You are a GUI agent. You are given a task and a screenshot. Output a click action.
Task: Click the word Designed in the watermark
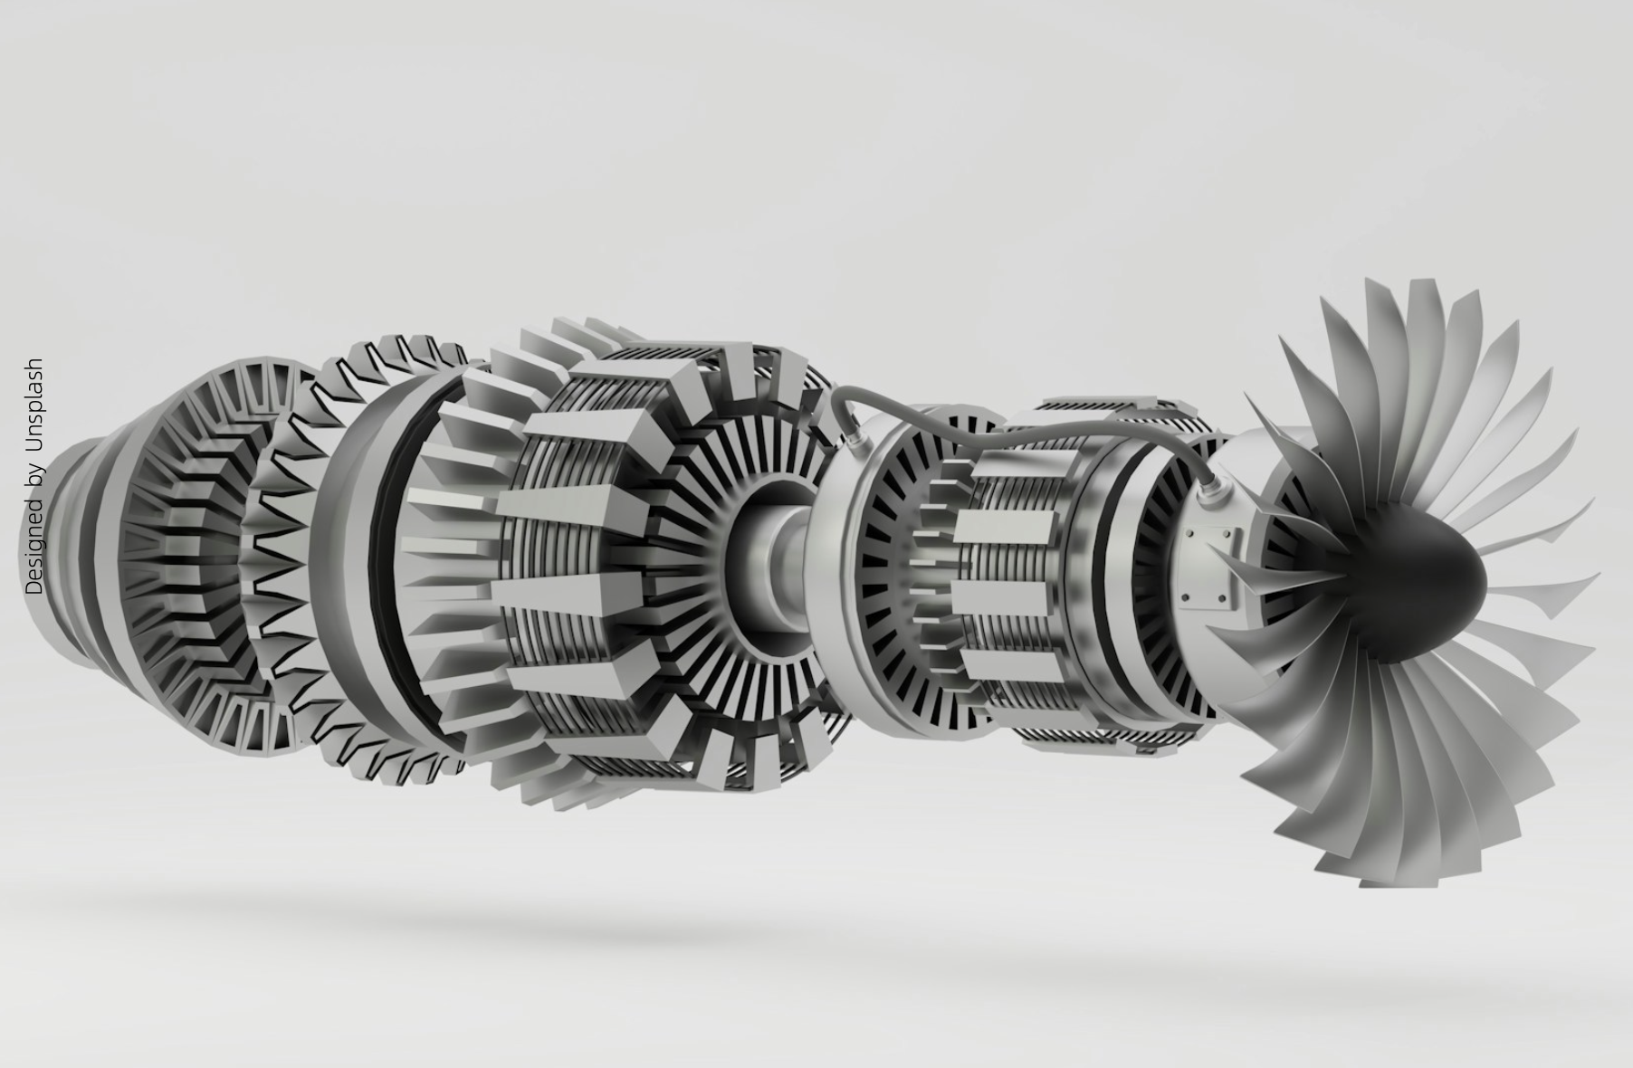pyautogui.click(x=35, y=546)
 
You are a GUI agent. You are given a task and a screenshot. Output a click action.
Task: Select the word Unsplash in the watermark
pyautogui.click(x=35, y=403)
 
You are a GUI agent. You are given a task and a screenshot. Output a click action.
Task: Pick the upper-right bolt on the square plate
pyautogui.click(x=1230, y=535)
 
